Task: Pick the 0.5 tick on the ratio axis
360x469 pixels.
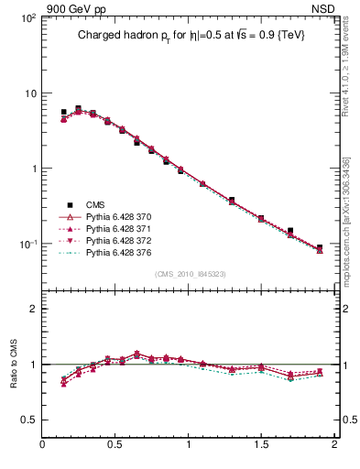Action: point(27,420)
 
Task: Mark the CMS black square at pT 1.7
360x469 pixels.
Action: point(290,231)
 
